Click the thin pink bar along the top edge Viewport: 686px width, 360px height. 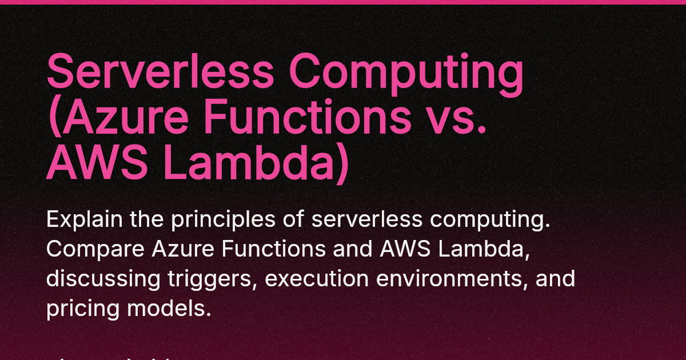tap(343, 2)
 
